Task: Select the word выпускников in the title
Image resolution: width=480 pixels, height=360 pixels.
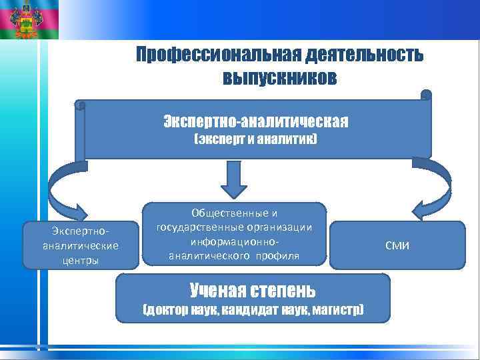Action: pyautogui.click(x=280, y=79)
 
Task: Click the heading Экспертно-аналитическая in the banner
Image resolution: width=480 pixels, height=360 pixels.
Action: pyautogui.click(x=256, y=122)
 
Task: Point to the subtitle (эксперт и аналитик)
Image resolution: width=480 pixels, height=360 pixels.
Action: pyautogui.click(x=256, y=141)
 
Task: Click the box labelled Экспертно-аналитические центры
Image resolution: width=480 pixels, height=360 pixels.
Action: pyautogui.click(x=81, y=245)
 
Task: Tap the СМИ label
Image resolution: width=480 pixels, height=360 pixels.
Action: pyautogui.click(x=397, y=246)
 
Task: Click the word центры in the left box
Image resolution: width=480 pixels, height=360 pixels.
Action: pyautogui.click(x=81, y=260)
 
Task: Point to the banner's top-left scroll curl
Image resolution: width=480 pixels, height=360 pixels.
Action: pyautogui.click(x=81, y=105)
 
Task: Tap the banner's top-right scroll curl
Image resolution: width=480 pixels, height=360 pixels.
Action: pyautogui.click(x=427, y=95)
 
